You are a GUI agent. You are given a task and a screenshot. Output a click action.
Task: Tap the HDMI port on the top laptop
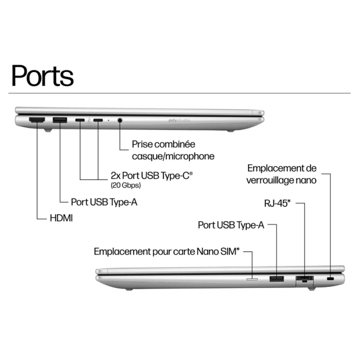coord(37,120)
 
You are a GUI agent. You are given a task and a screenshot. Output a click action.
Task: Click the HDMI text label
coord(61,218)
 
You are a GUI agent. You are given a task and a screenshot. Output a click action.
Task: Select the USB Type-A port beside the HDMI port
coord(60,120)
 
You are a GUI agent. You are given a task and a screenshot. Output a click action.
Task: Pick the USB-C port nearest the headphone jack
coord(98,120)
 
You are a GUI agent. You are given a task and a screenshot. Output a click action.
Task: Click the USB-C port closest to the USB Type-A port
coord(80,120)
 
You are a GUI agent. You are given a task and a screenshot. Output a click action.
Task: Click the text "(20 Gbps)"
coord(125,185)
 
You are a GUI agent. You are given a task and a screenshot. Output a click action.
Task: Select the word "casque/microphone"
coord(173,156)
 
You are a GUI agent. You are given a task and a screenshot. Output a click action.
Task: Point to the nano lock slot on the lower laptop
coord(330,278)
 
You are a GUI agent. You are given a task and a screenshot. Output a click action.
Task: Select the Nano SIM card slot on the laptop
coord(252,280)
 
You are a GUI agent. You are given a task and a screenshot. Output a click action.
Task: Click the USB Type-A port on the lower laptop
coord(276,278)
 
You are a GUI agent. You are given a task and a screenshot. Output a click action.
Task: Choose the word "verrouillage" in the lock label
coord(274,180)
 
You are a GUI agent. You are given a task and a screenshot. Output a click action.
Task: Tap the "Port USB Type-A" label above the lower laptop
coord(231,225)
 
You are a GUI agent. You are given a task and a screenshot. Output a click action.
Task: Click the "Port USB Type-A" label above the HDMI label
coord(104,201)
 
